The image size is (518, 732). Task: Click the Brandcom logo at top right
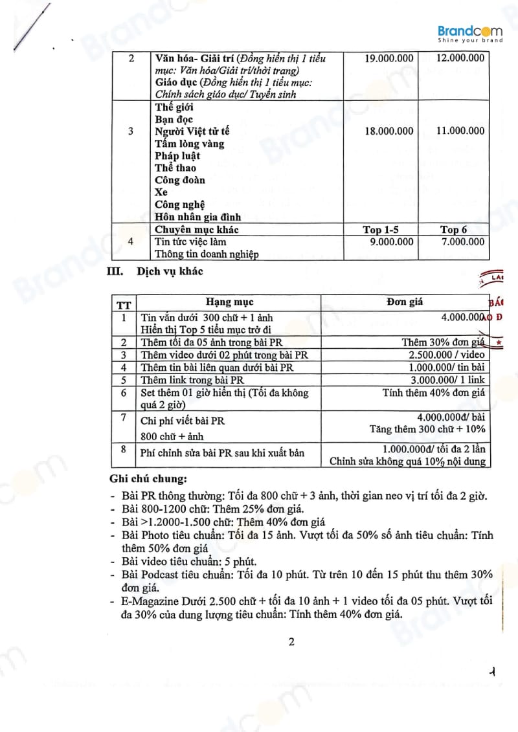tap(470, 33)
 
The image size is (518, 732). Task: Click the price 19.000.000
tap(388, 58)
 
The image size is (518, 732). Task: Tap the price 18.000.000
tap(388, 131)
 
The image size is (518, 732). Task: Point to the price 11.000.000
tap(460, 131)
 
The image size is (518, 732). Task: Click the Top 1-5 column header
tap(381, 230)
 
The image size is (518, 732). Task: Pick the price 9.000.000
tap(388, 242)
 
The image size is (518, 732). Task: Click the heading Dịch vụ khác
tap(170, 271)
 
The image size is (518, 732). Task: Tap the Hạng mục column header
tap(229, 302)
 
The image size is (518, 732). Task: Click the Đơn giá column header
tap(405, 302)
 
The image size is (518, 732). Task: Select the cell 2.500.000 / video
tap(447, 355)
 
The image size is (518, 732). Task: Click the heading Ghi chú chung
tap(149, 480)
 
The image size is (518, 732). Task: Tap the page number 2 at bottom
tap(291, 642)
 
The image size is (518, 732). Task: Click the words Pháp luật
tap(177, 156)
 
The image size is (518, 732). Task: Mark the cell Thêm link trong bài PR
tap(192, 380)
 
